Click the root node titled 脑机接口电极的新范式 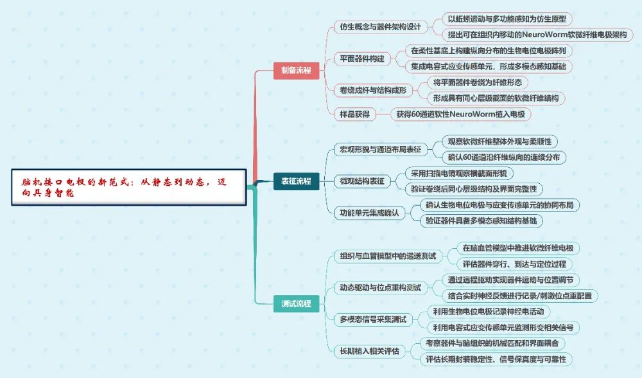click(128, 187)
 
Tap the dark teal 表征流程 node click(296, 181)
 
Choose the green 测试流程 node click(296, 303)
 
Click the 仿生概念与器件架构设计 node click(381, 27)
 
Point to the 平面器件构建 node click(362, 59)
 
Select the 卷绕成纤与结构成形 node click(373, 90)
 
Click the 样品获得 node click(354, 114)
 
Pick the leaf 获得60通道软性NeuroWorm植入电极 click(462, 114)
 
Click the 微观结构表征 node click(362, 181)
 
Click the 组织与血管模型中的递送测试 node click(387, 256)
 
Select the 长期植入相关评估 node click(369, 351)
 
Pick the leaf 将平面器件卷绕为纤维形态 click(478, 82)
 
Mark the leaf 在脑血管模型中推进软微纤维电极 click(518, 248)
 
